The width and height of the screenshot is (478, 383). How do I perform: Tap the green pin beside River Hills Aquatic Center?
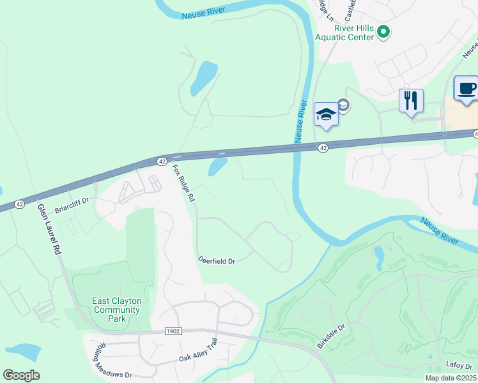[383, 31]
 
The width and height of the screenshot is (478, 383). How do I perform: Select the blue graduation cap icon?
[326, 114]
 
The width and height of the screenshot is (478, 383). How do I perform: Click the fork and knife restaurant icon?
[411, 101]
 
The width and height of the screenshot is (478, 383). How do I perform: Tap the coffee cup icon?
[466, 88]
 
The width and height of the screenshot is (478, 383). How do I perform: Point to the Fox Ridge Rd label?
[183, 184]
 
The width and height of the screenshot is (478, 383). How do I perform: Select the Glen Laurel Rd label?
[48, 230]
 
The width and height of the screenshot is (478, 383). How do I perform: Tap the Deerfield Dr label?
[217, 261]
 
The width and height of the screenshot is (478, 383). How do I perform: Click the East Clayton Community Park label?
[116, 306]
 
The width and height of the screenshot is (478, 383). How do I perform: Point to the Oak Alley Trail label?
[198, 359]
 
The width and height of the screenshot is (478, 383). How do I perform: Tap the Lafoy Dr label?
[459, 365]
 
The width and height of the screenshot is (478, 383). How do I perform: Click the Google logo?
[22, 375]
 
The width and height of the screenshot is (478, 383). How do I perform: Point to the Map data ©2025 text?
[451, 378]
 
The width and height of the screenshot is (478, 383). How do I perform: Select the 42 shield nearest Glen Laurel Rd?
[20, 204]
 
